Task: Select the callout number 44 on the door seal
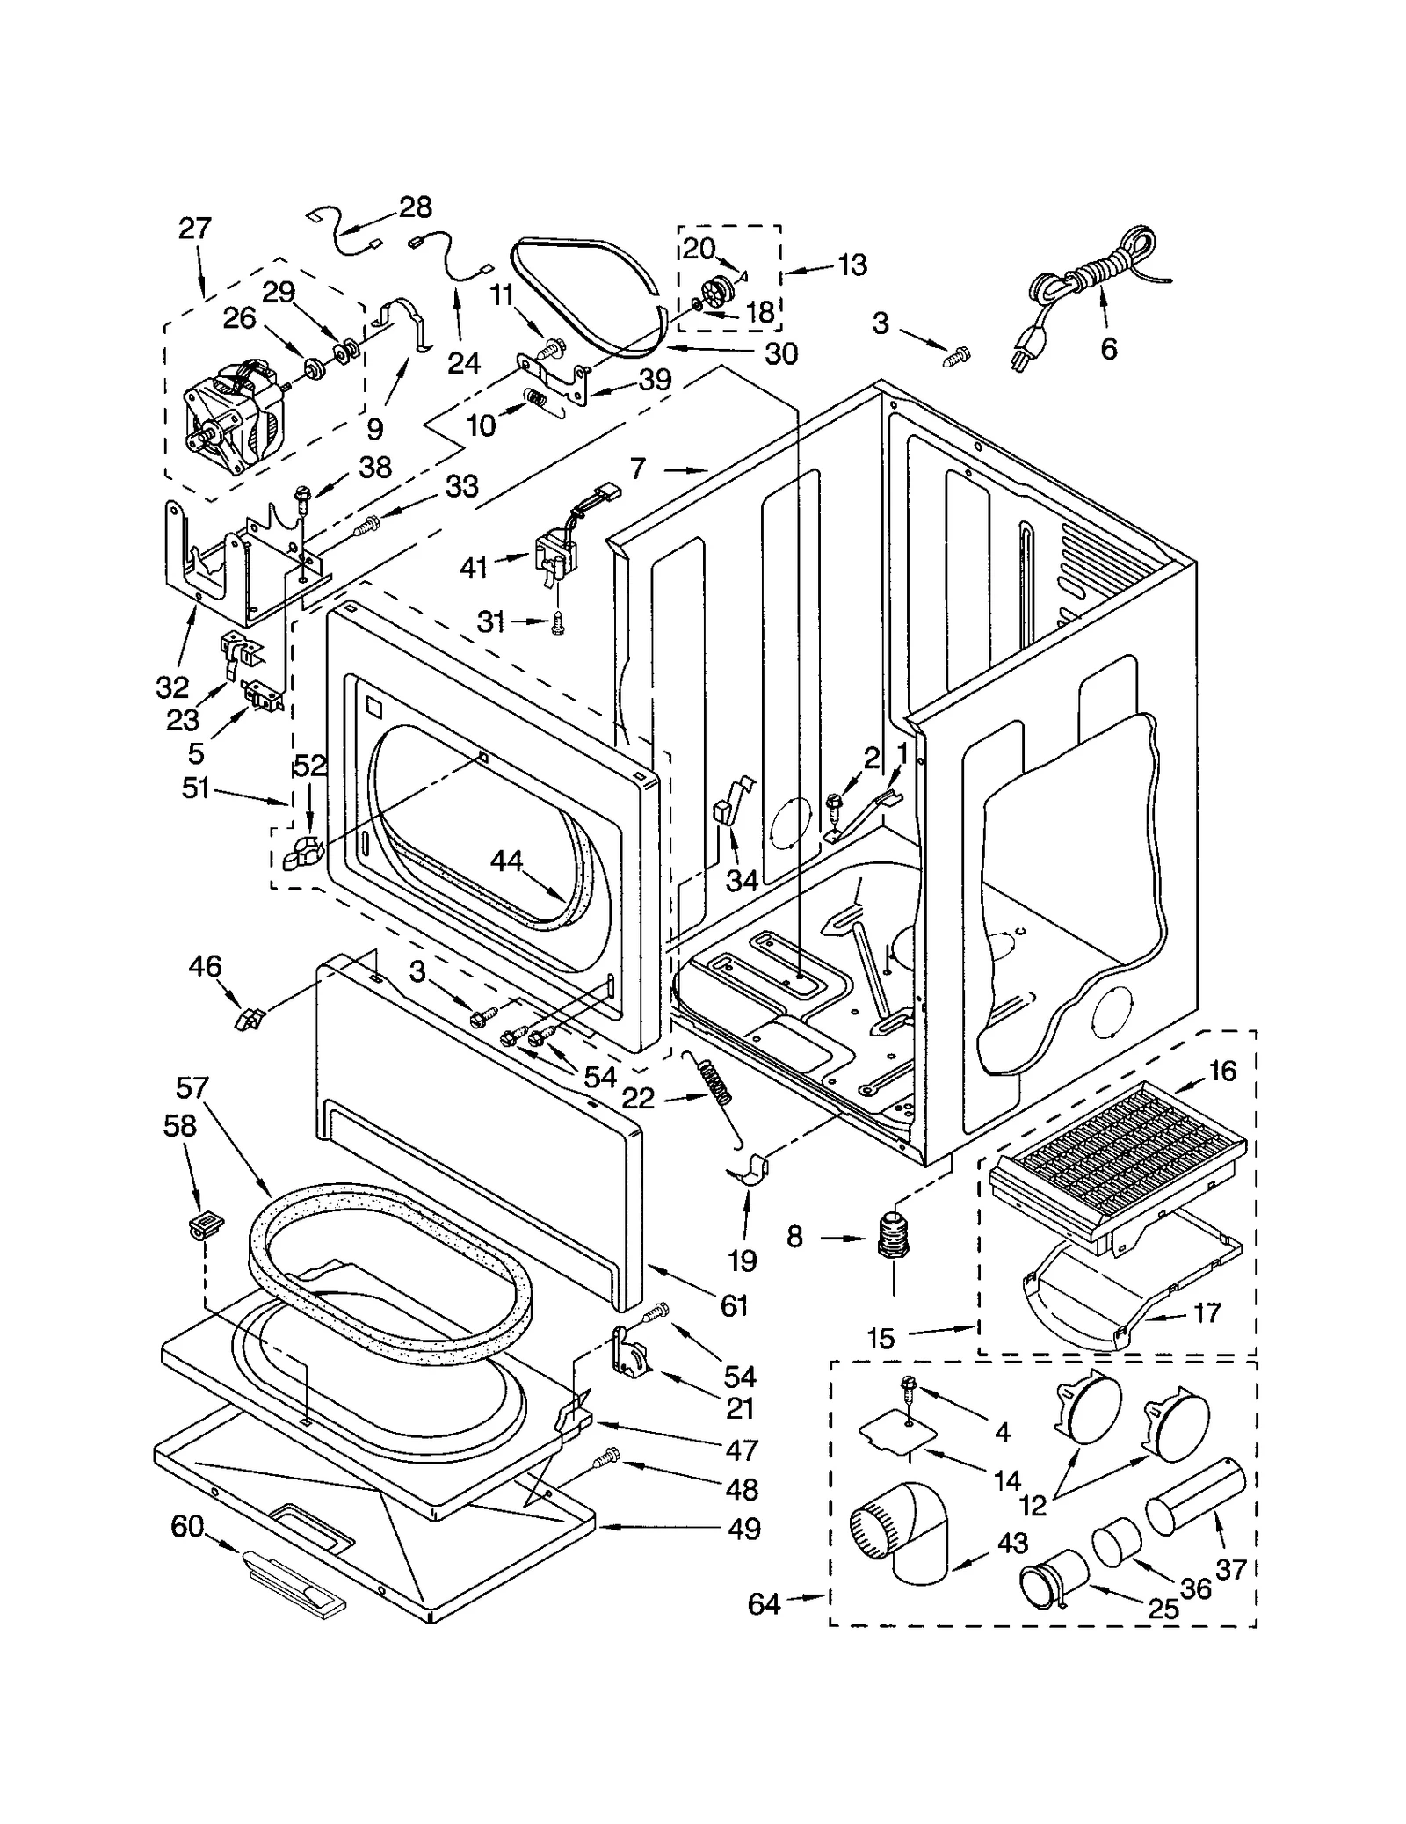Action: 507,861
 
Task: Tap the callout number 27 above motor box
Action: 194,229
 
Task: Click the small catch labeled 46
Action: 249,1019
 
